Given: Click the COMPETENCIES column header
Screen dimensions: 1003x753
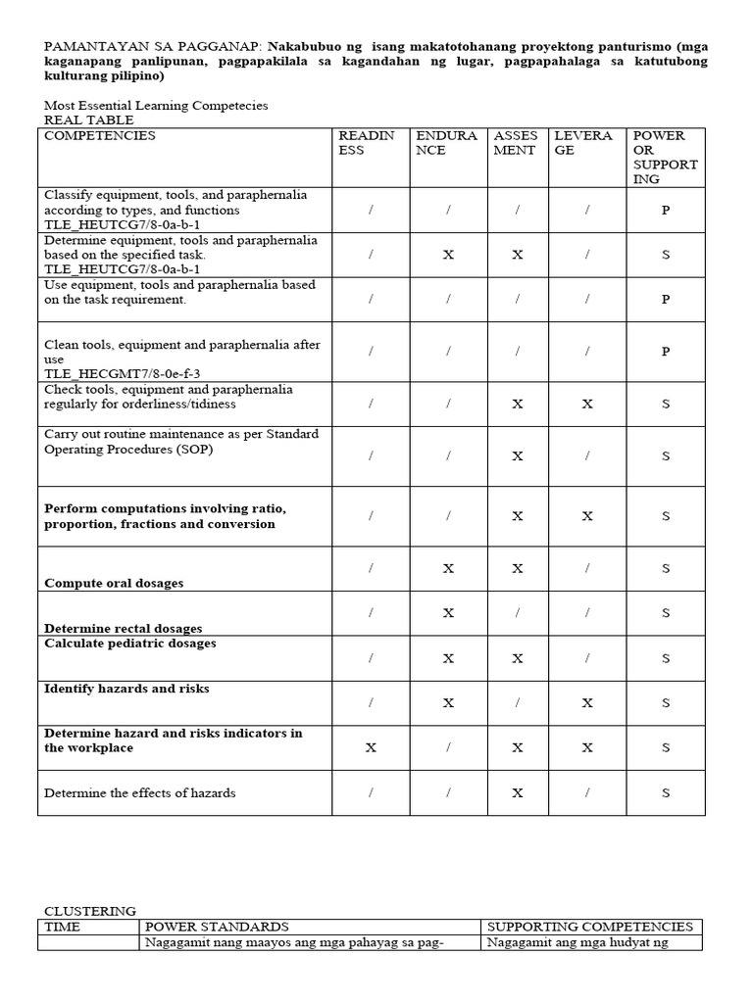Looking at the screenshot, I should pyautogui.click(x=100, y=136).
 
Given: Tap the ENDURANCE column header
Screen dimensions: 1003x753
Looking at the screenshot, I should pyautogui.click(x=446, y=143).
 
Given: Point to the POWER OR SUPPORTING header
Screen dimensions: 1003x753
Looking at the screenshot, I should pyautogui.click(x=666, y=157).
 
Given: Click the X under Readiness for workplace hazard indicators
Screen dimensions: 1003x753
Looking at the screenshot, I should pyautogui.click(x=371, y=747).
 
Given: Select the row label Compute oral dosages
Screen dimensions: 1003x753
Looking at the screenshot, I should pyautogui.click(x=114, y=583).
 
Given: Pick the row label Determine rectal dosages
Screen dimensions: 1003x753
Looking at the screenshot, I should pyautogui.click(x=123, y=629).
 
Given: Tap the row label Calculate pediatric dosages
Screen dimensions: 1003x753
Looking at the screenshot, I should pyautogui.click(x=129, y=644).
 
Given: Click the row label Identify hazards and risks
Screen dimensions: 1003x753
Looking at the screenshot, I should pyautogui.click(x=126, y=689).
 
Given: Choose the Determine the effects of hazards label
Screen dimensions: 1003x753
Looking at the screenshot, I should pyautogui.click(x=140, y=792).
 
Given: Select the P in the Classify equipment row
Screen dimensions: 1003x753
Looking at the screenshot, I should pyautogui.click(x=666, y=210).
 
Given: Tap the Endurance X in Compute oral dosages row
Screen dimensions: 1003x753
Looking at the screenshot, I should pyautogui.click(x=448, y=568).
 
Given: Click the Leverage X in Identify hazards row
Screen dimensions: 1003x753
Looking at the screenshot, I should pyautogui.click(x=587, y=702).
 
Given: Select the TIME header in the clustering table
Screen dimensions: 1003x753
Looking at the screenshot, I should pyautogui.click(x=63, y=927).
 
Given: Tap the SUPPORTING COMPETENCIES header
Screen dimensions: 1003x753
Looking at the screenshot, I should pyautogui.click(x=590, y=927).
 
